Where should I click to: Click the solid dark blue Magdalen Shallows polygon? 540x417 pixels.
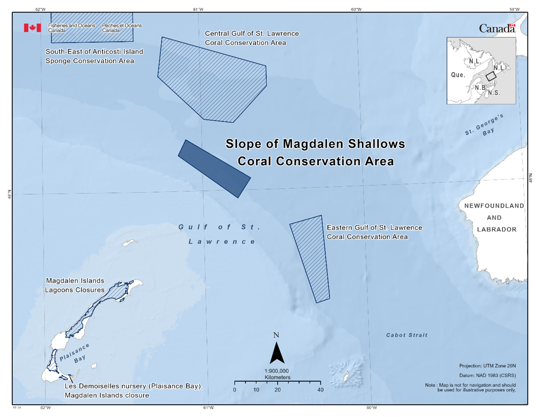click(214, 168)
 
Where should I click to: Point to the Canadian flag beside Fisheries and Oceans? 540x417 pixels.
click(32, 28)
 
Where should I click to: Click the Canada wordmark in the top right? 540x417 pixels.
click(497, 29)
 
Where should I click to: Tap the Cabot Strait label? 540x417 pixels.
click(407, 335)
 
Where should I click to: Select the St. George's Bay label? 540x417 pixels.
click(485, 126)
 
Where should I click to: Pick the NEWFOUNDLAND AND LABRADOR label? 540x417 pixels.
click(494, 217)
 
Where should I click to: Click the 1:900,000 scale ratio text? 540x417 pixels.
click(277, 371)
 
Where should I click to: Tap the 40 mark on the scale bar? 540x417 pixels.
click(320, 390)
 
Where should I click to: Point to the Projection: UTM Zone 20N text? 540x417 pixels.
click(487, 366)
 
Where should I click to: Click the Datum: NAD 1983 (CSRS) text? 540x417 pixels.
click(487, 375)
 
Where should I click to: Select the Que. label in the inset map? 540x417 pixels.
click(458, 75)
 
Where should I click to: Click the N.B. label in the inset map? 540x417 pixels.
click(480, 88)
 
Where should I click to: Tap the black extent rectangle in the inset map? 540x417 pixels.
click(491, 76)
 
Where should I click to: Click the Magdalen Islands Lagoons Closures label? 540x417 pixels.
click(75, 285)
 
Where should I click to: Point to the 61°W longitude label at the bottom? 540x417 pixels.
click(208, 408)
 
